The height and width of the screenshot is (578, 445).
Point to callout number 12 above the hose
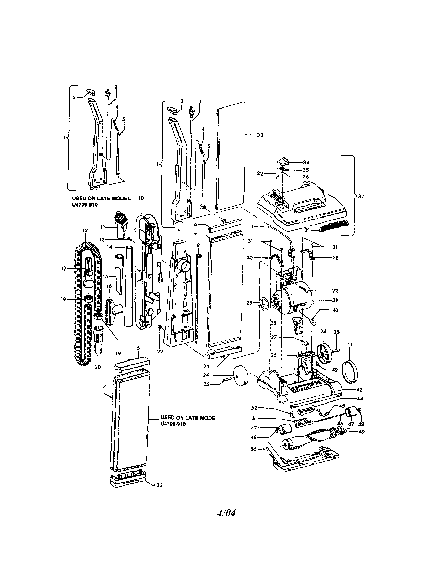(x=85, y=230)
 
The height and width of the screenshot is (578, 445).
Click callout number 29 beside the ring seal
(x=249, y=303)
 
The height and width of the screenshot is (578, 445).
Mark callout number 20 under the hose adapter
(x=98, y=367)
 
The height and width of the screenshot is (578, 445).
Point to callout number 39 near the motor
(x=335, y=300)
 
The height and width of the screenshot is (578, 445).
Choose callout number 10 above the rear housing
(x=141, y=198)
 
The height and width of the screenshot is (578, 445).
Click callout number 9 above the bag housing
(x=179, y=230)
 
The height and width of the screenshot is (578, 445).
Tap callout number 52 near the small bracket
(x=254, y=408)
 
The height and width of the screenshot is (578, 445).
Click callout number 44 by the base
(x=360, y=399)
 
